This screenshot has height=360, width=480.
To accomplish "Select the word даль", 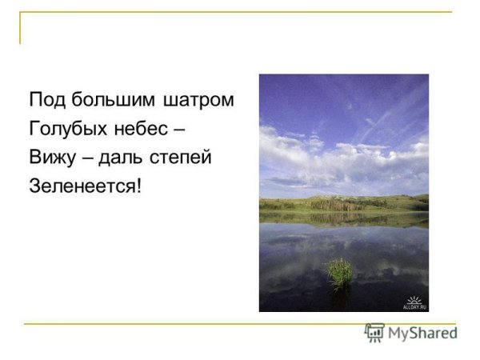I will pyautogui.click(x=121, y=158).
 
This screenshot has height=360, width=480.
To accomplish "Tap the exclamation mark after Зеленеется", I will pyautogui.click(x=138, y=186).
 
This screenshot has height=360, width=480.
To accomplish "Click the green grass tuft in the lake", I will pyautogui.click(x=340, y=272).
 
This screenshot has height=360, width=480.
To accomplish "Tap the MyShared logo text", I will pyautogui.click(x=422, y=333).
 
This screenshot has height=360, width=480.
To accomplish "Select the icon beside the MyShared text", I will pyautogui.click(x=374, y=332).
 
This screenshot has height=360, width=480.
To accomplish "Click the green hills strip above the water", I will pyautogui.click(x=343, y=203).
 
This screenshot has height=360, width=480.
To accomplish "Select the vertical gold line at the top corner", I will pyautogui.click(x=21, y=27).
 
